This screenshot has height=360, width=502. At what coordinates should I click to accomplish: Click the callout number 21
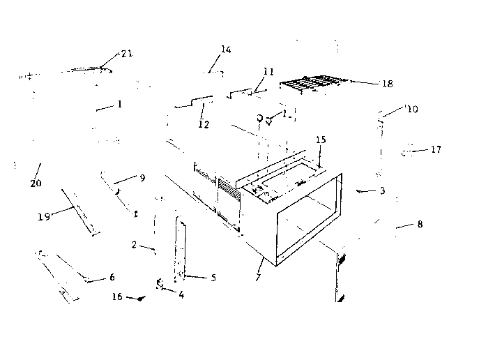[x=127, y=54]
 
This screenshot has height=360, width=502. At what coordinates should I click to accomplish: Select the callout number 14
[x=226, y=50]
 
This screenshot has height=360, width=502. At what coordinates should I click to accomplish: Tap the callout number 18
[x=388, y=84]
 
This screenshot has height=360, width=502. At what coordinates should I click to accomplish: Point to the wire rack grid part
[x=314, y=84]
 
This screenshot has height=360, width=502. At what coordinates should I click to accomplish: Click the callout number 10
[x=413, y=110]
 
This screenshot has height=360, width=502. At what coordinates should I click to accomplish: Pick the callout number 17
[x=436, y=149]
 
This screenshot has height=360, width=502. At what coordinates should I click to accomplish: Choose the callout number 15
[x=321, y=140]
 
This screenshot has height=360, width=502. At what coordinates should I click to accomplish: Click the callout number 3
[x=382, y=190]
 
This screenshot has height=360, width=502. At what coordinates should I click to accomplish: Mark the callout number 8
[x=420, y=224]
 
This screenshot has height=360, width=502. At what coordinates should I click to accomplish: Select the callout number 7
[x=259, y=278]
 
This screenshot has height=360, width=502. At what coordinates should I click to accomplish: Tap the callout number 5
[x=213, y=278]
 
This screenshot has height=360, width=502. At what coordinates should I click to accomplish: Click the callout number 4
[x=181, y=294]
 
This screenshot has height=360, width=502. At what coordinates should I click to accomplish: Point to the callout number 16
[x=117, y=297]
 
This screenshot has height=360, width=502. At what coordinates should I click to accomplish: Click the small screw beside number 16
[x=141, y=299]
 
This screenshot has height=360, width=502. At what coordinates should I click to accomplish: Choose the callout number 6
[x=112, y=277]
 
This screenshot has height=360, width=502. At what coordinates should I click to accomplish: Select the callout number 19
[x=44, y=217]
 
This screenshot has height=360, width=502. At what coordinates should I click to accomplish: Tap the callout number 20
[x=36, y=183]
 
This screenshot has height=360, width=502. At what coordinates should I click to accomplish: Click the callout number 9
[x=142, y=178]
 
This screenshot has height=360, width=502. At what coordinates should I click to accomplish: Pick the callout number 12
[x=204, y=124]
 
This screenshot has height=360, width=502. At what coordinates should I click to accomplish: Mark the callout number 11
[x=268, y=72]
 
